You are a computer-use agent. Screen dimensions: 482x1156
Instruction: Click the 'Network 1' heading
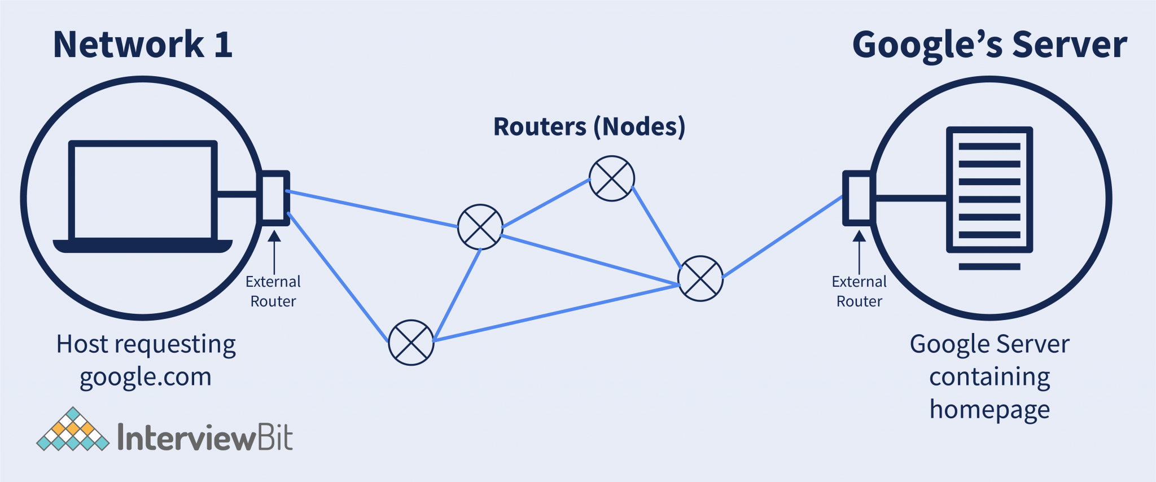[142, 45]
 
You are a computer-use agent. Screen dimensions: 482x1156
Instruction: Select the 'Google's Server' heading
[989, 45]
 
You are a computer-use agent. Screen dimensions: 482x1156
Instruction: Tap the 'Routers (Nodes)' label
[589, 126]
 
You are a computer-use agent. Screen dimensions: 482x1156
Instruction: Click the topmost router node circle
[611, 178]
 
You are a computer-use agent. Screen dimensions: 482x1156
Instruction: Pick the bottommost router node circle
[411, 343]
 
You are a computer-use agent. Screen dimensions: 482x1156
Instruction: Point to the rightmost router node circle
[700, 278]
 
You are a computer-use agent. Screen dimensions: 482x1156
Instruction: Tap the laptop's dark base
[143, 246]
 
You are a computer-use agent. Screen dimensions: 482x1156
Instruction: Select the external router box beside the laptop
[274, 198]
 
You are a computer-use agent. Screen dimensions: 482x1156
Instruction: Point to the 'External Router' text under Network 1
[273, 291]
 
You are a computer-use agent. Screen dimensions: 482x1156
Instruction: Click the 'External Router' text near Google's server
[859, 291]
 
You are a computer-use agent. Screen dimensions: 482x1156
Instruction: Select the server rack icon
[989, 190]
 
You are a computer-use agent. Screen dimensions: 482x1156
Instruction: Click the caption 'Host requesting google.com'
[146, 360]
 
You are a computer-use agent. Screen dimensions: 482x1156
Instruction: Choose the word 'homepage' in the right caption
[989, 409]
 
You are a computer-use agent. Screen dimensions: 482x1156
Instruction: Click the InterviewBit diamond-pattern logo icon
[73, 430]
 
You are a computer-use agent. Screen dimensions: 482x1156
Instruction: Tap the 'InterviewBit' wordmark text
[205, 437]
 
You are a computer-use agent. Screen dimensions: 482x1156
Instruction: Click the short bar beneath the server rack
[989, 266]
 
